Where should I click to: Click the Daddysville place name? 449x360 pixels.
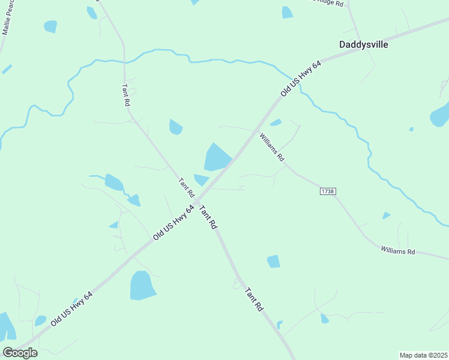click(x=363, y=44)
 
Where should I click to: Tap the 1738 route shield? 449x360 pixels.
click(x=328, y=191)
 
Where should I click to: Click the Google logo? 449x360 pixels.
click(x=20, y=353)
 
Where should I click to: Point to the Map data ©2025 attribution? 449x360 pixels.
click(x=423, y=355)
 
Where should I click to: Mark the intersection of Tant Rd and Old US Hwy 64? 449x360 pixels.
click(x=197, y=200)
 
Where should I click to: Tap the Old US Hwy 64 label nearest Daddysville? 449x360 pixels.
click(x=301, y=78)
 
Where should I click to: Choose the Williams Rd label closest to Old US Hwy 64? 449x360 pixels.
click(x=272, y=147)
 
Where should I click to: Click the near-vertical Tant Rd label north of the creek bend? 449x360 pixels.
click(x=125, y=94)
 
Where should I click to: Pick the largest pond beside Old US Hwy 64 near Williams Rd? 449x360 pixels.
click(x=217, y=158)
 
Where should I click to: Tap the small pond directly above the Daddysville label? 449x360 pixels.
click(x=288, y=12)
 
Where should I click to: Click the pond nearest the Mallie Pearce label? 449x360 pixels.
click(x=50, y=26)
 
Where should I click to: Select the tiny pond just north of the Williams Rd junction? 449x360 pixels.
click(x=276, y=122)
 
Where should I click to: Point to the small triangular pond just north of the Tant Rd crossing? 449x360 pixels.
click(x=201, y=179)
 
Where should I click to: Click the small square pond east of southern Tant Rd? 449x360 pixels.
click(x=273, y=261)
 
